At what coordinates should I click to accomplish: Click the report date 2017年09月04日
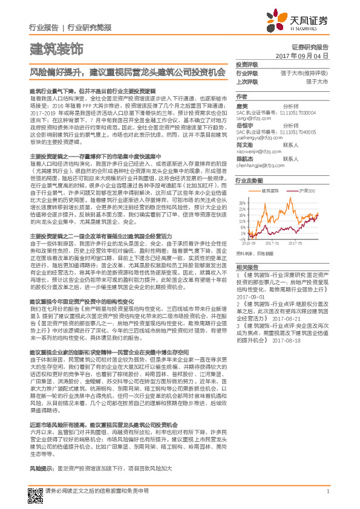[306, 55]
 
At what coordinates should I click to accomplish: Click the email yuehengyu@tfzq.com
[258, 137]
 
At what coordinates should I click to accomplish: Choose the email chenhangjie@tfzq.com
[260, 165]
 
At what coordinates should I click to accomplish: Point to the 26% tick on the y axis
[241, 203]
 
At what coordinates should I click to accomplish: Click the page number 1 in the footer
[327, 491]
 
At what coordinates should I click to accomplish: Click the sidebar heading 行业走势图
[249, 181]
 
